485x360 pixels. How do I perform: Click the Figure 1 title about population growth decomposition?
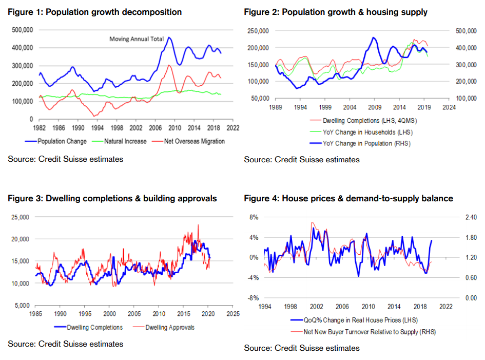94,12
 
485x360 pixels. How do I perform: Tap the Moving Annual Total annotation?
135,39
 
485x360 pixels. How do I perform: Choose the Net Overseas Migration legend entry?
193,141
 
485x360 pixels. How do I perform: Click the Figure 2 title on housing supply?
336,12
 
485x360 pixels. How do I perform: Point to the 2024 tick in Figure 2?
448,108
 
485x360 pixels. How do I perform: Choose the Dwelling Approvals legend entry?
170,327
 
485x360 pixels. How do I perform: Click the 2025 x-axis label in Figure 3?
232,313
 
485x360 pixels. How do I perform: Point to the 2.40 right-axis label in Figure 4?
470,217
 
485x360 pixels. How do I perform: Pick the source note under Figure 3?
66,344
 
